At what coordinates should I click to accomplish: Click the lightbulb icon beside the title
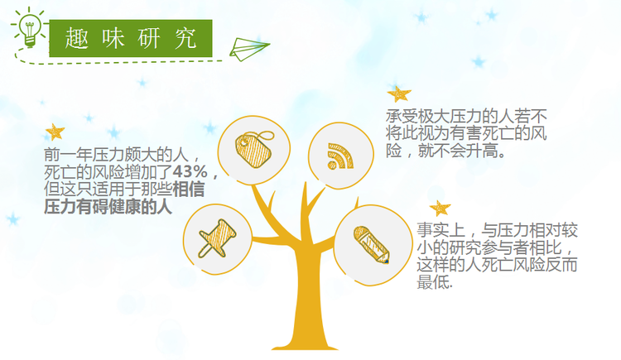29,27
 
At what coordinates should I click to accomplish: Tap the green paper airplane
248,49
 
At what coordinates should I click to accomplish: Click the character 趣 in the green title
76,38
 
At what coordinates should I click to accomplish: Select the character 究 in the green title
185,38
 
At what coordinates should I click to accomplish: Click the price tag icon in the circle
254,149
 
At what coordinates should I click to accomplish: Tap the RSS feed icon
340,156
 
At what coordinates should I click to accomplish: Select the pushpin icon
218,238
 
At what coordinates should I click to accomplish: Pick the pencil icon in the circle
372,245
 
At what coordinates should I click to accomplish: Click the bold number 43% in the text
190,171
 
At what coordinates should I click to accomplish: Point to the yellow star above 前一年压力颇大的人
55,132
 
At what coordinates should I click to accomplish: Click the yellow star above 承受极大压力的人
399,94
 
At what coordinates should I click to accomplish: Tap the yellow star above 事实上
440,209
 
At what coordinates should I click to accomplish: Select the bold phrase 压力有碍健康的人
108,207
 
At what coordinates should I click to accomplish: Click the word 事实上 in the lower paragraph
440,230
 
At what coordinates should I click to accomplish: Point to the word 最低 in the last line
433,282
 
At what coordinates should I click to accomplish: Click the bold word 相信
189,189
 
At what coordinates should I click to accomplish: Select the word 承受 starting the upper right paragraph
402,116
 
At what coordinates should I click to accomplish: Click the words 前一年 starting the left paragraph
68,155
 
